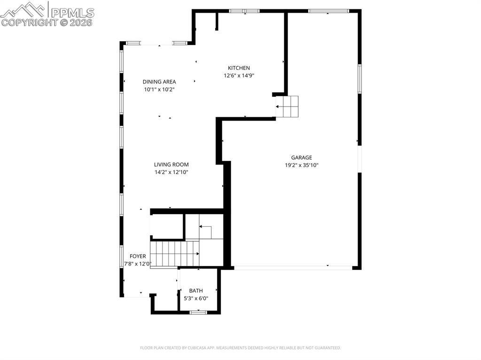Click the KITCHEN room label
(239, 68)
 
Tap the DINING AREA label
(159, 82)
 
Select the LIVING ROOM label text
(171, 164)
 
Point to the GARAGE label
(301, 158)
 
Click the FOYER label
(138, 256)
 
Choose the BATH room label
(196, 291)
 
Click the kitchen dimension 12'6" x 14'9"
(239, 76)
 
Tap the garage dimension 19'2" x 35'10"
(301, 165)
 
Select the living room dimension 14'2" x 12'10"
(171, 172)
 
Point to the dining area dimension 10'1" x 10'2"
(159, 89)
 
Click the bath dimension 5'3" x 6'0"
(195, 298)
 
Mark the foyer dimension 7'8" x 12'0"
(137, 264)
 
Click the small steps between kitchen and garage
(287, 107)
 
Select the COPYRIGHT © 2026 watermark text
(47, 22)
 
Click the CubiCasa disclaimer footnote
(240, 348)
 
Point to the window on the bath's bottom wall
(198, 312)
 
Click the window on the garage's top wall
(328, 10)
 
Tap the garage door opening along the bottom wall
(293, 268)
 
